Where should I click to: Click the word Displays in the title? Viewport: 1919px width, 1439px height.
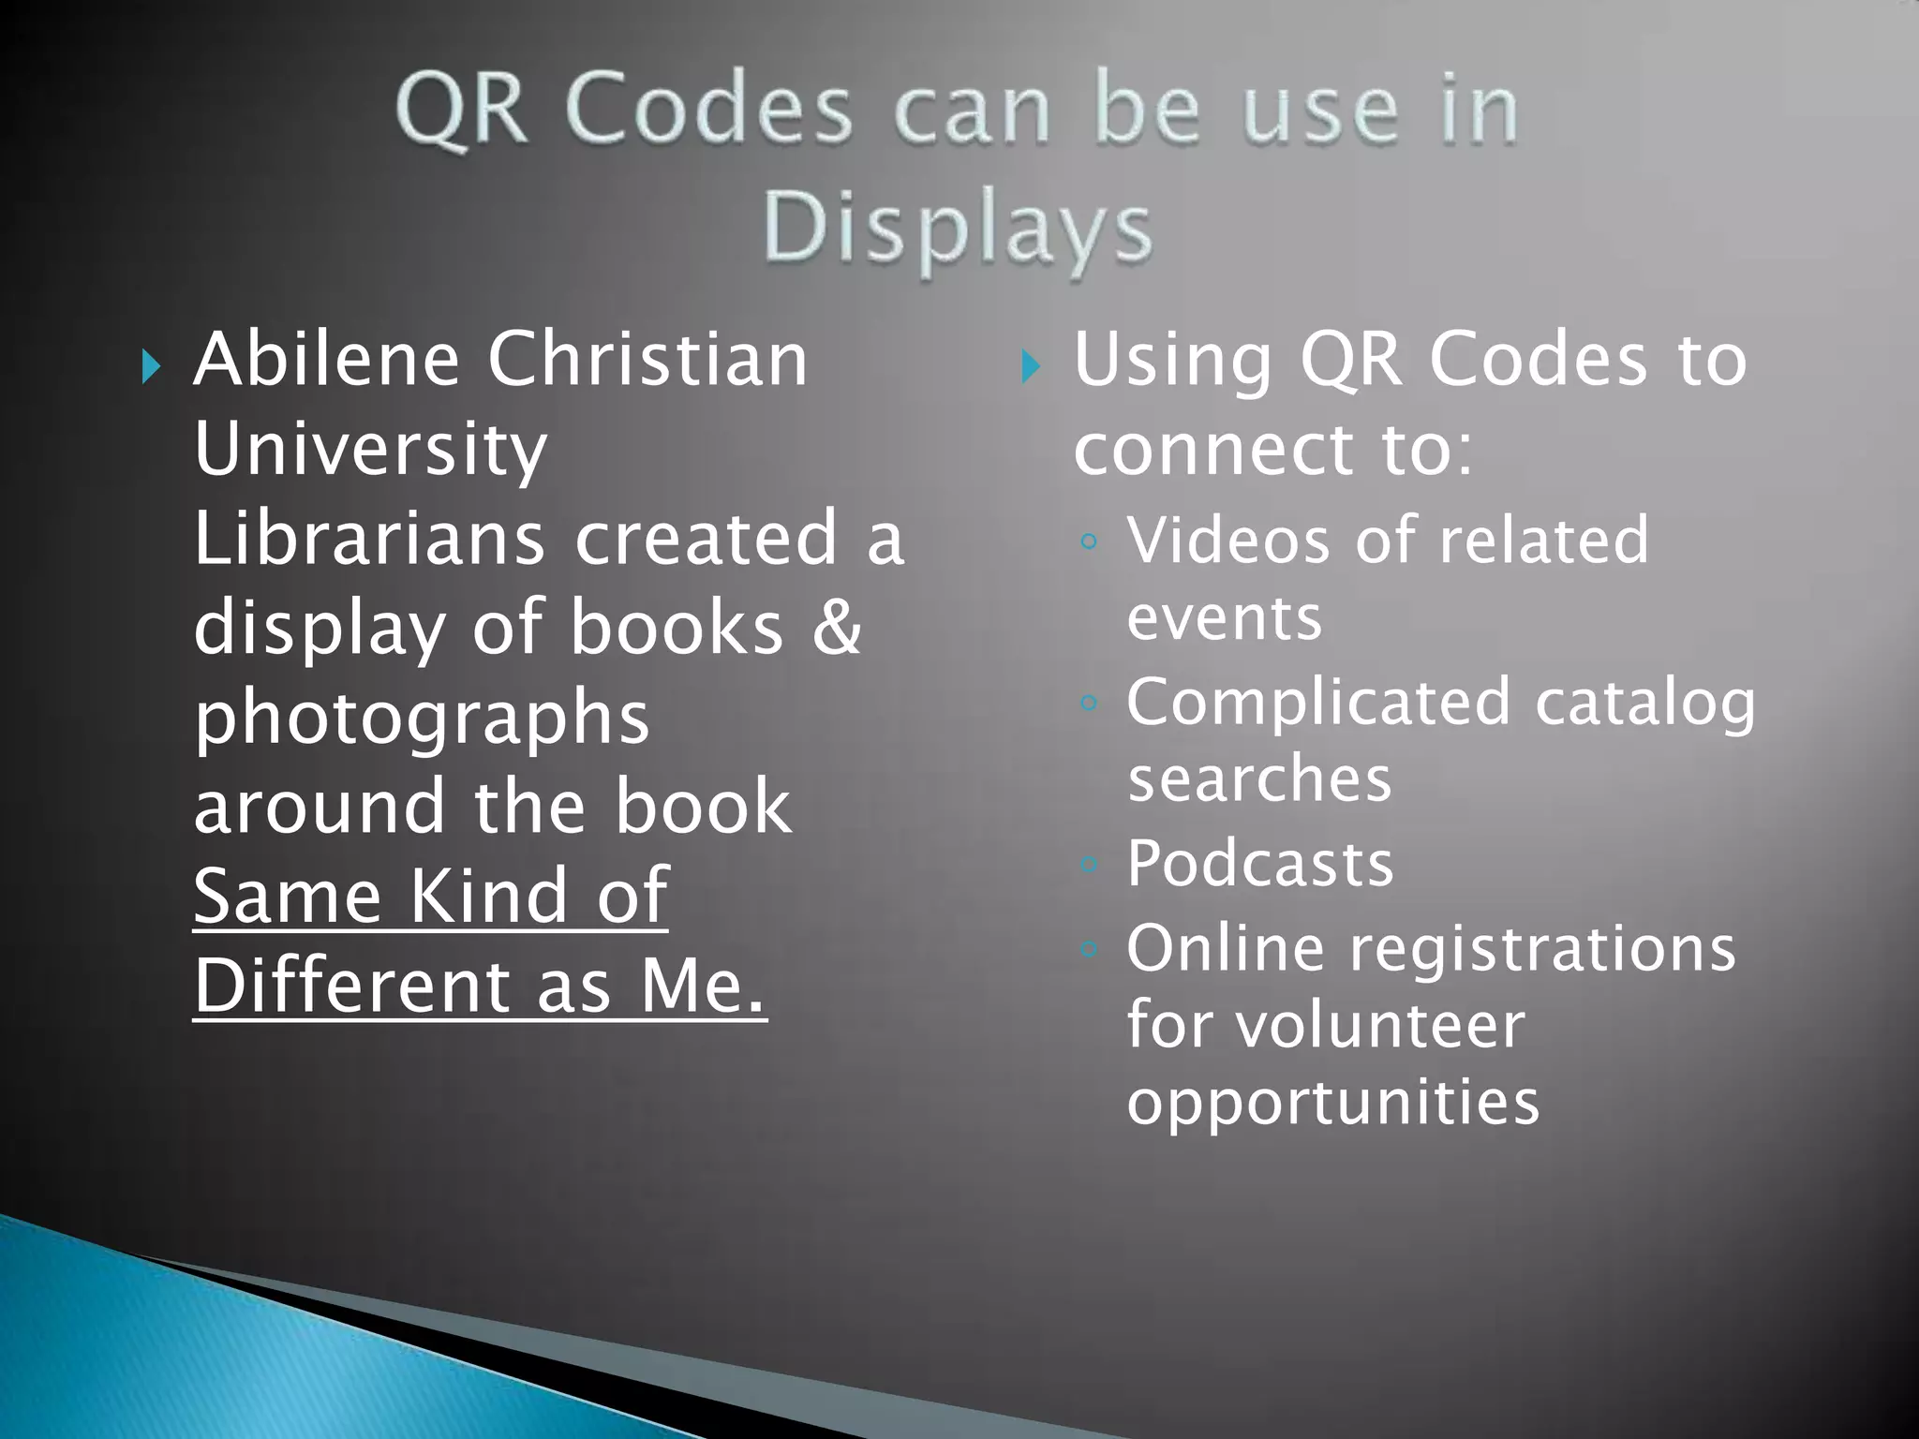(957, 230)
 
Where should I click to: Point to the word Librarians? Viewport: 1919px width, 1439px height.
(369, 539)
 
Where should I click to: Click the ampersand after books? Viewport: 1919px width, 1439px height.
(836, 627)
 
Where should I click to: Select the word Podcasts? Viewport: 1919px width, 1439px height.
(1259, 863)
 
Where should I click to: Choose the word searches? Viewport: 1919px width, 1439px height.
(1259, 779)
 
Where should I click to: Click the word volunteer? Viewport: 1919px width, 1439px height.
(1380, 1025)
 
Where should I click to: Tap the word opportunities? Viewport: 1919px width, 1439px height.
(1332, 1103)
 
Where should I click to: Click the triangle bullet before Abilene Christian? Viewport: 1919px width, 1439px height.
(150, 366)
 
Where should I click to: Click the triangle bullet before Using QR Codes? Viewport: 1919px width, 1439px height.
(1030, 366)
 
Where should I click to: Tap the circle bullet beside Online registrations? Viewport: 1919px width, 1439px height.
(1088, 949)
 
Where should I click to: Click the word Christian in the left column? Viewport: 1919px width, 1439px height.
(647, 359)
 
